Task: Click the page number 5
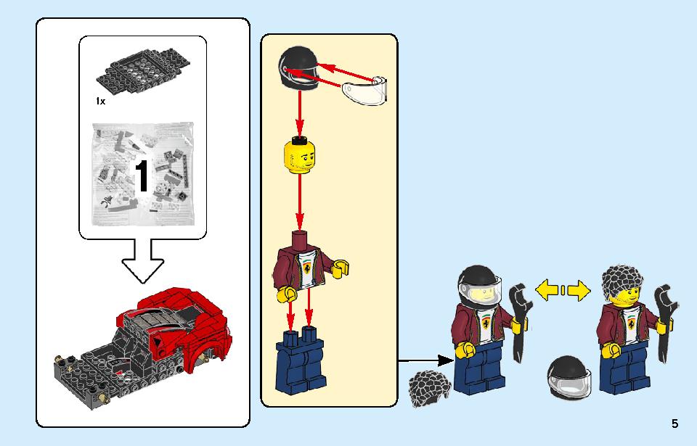pyautogui.click(x=674, y=424)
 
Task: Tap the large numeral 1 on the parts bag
pyautogui.click(x=142, y=176)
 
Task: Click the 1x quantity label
pyautogui.click(x=100, y=102)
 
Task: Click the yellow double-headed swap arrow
pyautogui.click(x=562, y=292)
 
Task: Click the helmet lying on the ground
pyautogui.click(x=568, y=376)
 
